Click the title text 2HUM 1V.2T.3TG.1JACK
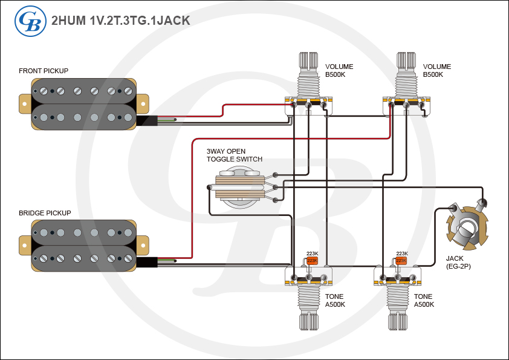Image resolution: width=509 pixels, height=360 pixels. click(x=121, y=21)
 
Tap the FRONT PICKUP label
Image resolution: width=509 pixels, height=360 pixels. click(x=44, y=71)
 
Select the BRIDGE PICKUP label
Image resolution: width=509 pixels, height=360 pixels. click(x=45, y=213)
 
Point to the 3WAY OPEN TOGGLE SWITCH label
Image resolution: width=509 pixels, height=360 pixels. click(x=235, y=155)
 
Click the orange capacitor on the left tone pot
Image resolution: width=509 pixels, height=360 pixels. click(x=312, y=260)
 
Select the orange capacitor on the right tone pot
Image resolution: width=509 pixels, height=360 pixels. click(x=401, y=261)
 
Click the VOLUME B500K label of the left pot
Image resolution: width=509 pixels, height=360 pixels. click(x=339, y=70)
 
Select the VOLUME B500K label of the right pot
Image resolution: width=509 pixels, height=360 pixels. click(x=437, y=70)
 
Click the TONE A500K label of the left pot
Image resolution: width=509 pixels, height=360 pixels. click(x=335, y=301)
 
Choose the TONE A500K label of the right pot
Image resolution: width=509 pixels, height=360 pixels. click(x=423, y=301)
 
